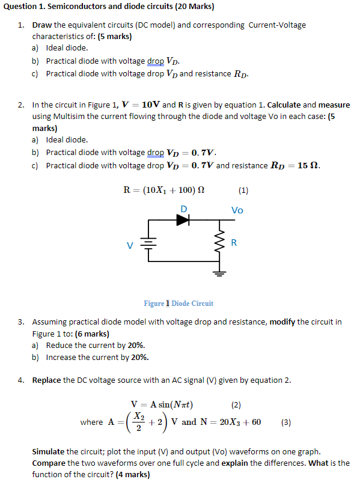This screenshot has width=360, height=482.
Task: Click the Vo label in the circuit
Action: (237, 210)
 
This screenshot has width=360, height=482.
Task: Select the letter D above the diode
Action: (184, 209)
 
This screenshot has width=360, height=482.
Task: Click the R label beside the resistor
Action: (234, 243)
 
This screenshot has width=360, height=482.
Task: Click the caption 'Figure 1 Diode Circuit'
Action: (178, 304)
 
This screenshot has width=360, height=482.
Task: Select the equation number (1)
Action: (243, 191)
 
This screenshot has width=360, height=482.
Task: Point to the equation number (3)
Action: (286, 422)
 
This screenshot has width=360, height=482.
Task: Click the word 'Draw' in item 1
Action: (42, 25)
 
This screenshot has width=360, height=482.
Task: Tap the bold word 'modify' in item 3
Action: (282, 322)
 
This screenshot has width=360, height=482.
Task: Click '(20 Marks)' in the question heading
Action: (191, 7)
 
